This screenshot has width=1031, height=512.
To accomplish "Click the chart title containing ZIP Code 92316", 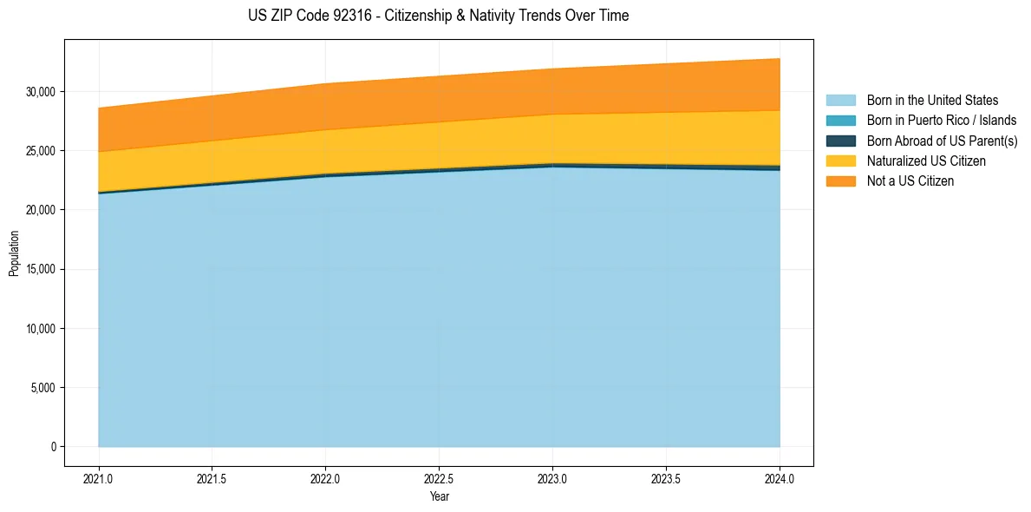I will [x=438, y=16].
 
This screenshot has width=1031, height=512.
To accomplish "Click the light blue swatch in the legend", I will [x=840, y=101].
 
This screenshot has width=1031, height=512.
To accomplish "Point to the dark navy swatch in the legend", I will [x=840, y=141].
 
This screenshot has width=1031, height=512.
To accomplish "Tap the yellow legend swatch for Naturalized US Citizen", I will [x=840, y=161].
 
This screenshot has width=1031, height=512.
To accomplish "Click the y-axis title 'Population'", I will [x=14, y=253].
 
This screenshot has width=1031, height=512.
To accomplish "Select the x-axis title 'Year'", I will [x=439, y=496].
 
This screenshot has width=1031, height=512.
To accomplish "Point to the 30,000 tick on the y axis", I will [x=40, y=91].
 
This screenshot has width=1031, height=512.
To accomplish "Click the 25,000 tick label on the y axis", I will [x=40, y=151].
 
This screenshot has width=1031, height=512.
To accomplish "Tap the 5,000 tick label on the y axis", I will [x=42, y=388].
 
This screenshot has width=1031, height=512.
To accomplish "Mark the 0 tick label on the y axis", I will [x=53, y=447].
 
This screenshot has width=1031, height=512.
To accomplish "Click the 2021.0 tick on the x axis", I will [x=99, y=478].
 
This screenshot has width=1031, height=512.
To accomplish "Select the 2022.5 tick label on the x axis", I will [x=439, y=478].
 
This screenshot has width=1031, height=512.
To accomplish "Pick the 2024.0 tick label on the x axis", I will [x=780, y=478].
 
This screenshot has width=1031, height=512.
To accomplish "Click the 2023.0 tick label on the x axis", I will [x=552, y=478].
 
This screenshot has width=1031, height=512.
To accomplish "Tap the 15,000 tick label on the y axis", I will [x=40, y=269].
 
